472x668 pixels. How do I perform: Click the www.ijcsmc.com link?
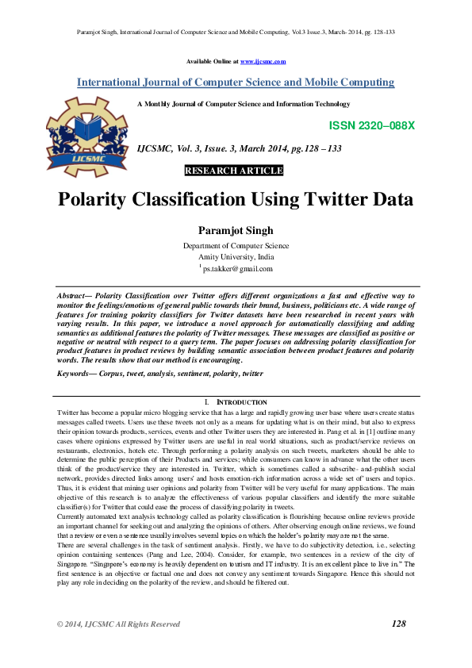click(263, 61)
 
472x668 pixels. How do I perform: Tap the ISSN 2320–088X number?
click(371, 126)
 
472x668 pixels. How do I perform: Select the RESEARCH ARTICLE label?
click(233, 171)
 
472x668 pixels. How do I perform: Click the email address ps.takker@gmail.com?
click(238, 268)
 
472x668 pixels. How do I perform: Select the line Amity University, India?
click(236, 257)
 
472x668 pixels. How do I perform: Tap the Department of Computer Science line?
click(236, 246)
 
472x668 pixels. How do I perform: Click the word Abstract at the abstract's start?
click(72, 294)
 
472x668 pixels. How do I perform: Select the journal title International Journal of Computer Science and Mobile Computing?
click(236, 83)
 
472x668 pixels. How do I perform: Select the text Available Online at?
click(212, 61)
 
